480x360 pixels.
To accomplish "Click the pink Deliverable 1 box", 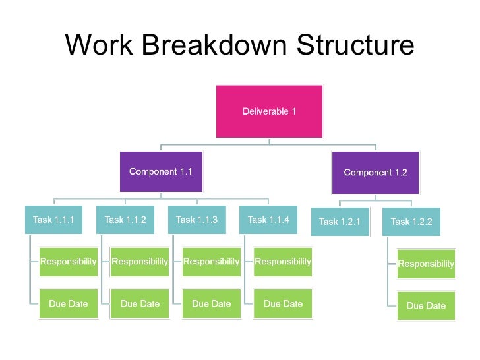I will pyautogui.click(x=269, y=111).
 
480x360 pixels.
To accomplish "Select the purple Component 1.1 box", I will pyautogui.click(x=161, y=171).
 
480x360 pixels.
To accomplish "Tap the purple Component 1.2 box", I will pyautogui.click(x=375, y=172).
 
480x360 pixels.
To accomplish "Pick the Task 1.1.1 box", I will pyautogui.click(x=53, y=220).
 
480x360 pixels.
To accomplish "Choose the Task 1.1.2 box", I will pyautogui.click(x=125, y=220).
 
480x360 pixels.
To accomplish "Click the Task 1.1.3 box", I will pyautogui.click(x=196, y=220).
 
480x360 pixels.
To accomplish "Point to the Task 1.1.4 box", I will pyautogui.click(x=268, y=220).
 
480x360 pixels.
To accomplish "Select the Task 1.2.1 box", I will pyautogui.click(x=340, y=222).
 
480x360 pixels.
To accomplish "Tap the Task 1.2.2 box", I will pyautogui.click(x=411, y=222).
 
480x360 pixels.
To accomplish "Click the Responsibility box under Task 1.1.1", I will pyautogui.click(x=68, y=262).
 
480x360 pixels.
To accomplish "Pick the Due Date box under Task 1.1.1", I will pyautogui.click(x=68, y=303).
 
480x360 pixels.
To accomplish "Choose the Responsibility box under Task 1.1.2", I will pyautogui.click(x=139, y=262).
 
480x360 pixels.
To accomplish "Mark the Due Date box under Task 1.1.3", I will pyautogui.click(x=211, y=303).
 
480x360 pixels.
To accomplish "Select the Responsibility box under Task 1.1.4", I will pyautogui.click(x=283, y=262).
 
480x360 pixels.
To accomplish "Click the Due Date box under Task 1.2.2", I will pyautogui.click(x=426, y=305).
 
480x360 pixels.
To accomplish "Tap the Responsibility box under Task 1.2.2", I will pyautogui.click(x=426, y=264).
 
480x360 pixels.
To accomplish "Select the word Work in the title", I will pyautogui.click(x=100, y=45).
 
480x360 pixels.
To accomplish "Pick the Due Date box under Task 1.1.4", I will pyautogui.click(x=283, y=303).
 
